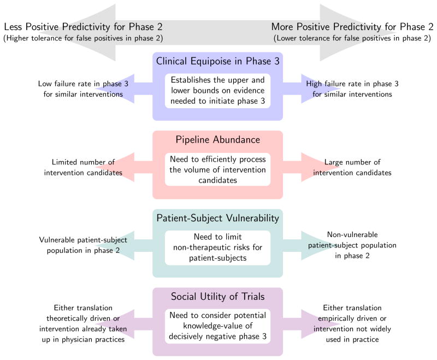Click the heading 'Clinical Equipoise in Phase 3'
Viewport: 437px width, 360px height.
pos(217,61)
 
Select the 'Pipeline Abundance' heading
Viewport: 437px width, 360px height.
pos(217,140)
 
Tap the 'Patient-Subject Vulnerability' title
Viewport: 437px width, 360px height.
pos(217,218)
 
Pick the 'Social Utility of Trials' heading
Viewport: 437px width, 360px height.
pos(217,297)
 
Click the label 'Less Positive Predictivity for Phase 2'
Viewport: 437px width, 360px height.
pos(83,27)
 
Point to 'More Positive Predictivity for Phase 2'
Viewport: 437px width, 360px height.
pos(352,27)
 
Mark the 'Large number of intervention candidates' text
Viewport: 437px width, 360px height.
pos(352,168)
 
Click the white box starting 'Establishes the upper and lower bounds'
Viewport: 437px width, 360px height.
pos(217,90)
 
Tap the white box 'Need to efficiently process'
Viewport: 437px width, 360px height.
pos(217,169)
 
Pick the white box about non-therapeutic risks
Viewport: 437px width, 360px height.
pos(217,247)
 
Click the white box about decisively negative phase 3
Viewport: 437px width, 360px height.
pos(217,326)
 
